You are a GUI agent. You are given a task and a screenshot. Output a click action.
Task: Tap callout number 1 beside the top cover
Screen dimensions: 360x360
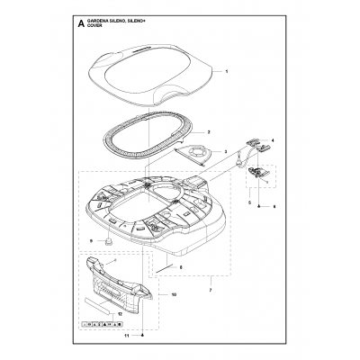coord(227,70)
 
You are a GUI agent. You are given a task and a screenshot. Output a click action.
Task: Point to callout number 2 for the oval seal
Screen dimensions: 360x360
coord(209,131)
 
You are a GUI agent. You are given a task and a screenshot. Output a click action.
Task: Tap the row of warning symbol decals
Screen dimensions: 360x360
coord(101,322)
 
